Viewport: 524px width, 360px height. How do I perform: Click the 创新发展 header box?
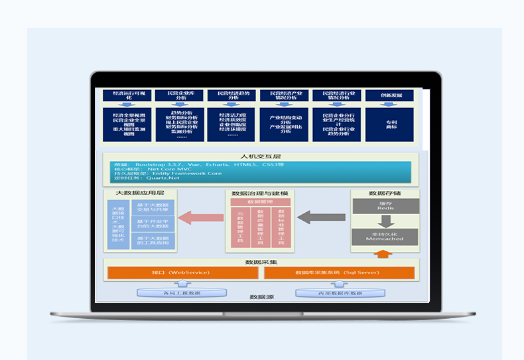[x=389, y=95]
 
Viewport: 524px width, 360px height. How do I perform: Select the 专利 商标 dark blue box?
[x=389, y=124]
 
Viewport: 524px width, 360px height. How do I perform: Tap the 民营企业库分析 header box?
[x=179, y=95]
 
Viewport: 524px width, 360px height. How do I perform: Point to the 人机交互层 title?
[x=261, y=157]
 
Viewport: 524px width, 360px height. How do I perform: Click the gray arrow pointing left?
[x=321, y=217]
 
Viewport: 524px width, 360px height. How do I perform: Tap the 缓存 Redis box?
[x=385, y=206]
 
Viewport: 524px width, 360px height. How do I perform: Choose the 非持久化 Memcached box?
[x=385, y=236]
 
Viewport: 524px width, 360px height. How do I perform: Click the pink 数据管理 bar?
[x=260, y=202]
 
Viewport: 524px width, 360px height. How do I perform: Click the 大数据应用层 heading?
[x=139, y=193]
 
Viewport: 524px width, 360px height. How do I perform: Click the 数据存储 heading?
[x=385, y=193]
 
